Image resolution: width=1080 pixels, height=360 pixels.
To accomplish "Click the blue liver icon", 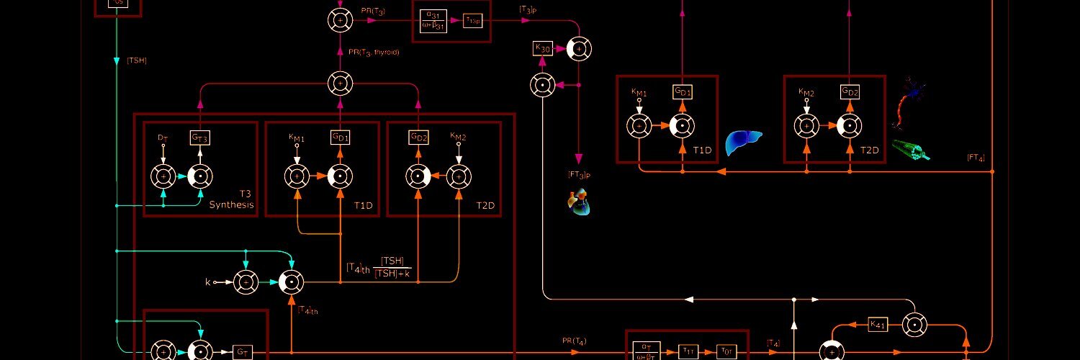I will [742, 143].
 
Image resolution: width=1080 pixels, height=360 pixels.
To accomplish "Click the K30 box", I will [542, 48].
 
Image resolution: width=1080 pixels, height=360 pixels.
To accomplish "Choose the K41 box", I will [878, 324].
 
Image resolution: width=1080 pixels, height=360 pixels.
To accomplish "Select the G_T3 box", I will [200, 137].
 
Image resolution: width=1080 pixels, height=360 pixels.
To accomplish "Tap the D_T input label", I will [163, 137].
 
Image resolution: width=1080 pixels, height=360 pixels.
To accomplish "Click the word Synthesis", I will [231, 205].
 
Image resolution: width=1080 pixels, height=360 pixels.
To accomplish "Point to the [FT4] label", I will [976, 158].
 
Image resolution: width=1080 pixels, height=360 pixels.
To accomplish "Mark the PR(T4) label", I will [574, 341].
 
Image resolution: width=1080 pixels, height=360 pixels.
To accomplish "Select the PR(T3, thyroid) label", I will [373, 53].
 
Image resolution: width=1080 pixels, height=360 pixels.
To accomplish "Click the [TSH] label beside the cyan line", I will [136, 60].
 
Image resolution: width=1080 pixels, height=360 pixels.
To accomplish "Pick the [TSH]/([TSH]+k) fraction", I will [392, 267].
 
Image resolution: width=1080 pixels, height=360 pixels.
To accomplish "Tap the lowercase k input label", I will [208, 282].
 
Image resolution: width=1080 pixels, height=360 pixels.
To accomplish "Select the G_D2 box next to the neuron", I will [850, 91].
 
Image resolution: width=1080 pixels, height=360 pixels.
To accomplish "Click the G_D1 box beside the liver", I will [682, 91].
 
